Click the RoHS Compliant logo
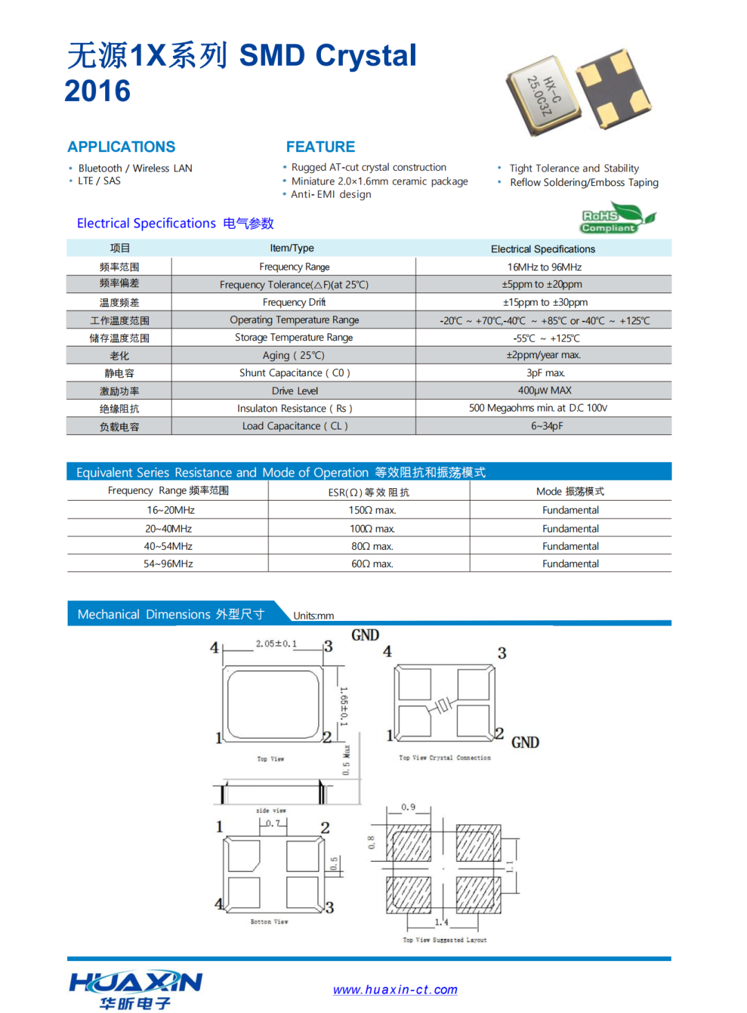[x=617, y=219]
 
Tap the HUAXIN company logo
[x=136, y=989]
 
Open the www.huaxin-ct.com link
[x=395, y=989]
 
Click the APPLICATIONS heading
[x=121, y=147]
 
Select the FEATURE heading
[x=320, y=147]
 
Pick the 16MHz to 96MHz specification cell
[x=544, y=267]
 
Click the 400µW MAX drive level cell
[x=544, y=391]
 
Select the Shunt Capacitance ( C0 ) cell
[x=295, y=373]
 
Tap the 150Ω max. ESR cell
[x=372, y=510]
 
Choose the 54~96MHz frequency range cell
[x=168, y=564]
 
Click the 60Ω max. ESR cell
[x=372, y=564]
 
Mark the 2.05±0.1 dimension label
[x=276, y=644]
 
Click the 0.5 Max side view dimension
[x=347, y=761]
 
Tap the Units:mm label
[x=313, y=615]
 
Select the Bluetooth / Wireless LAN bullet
[x=135, y=168]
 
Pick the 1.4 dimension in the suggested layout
[x=441, y=922]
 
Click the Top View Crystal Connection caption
[x=445, y=758]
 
